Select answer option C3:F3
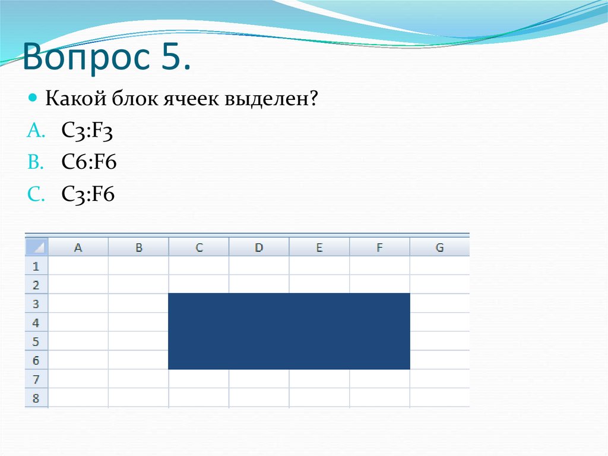(x=87, y=131)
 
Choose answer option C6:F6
(x=88, y=163)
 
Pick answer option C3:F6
(x=88, y=195)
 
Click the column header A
(x=78, y=247)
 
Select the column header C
(x=199, y=247)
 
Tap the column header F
(x=379, y=247)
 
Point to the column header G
(x=439, y=247)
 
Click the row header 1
(x=36, y=266)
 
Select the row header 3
(x=36, y=304)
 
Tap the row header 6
(x=36, y=360)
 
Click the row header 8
(x=36, y=398)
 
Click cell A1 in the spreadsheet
(x=78, y=266)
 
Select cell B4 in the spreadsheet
(x=138, y=323)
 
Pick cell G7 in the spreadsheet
(x=439, y=379)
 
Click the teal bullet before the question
(x=33, y=96)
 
